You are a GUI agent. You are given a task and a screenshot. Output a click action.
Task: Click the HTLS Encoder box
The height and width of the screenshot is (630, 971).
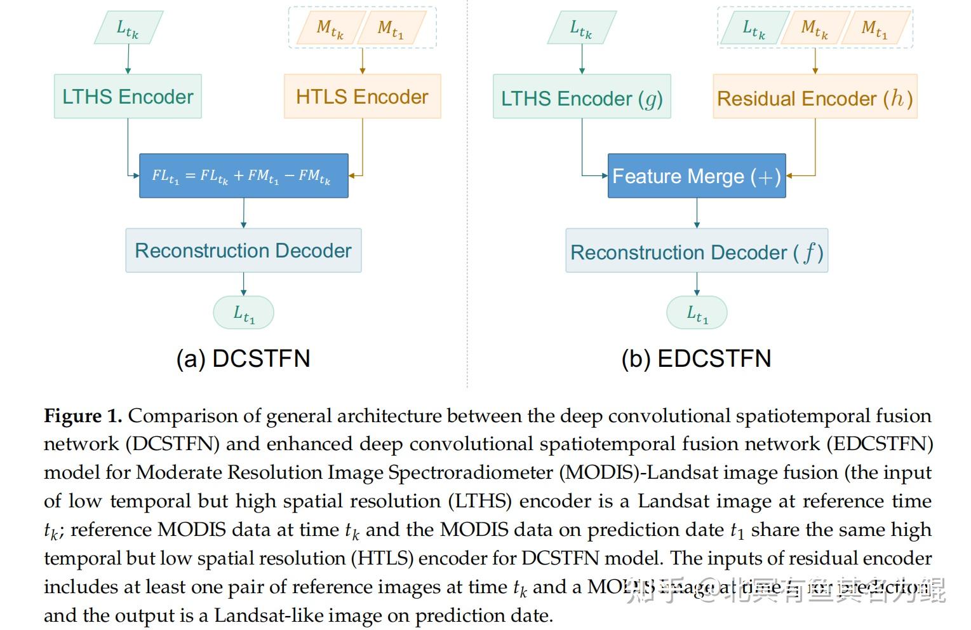362,97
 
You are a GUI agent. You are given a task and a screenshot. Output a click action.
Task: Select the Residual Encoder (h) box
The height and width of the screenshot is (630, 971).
815,97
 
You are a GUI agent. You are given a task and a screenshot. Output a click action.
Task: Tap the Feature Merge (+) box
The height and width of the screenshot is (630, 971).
697,176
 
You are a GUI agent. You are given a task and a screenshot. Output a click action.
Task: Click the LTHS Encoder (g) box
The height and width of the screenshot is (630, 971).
582,97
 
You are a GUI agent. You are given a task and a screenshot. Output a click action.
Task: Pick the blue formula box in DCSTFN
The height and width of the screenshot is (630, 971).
244,176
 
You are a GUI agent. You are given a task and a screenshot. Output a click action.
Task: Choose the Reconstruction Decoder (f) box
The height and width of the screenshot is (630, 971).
697,251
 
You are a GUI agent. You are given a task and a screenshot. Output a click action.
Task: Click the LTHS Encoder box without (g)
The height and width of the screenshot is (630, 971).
128,97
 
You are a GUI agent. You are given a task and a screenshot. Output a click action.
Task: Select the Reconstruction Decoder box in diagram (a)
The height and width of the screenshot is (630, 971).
243,250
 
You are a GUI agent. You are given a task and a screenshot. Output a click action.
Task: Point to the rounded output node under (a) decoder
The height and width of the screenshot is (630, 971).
243,313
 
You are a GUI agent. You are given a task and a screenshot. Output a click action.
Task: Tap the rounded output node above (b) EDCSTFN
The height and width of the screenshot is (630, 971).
697,313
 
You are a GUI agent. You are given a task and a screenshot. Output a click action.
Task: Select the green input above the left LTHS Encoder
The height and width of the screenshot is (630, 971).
128,28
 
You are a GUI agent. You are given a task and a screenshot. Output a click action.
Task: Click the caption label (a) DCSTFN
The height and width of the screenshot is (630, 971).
243,359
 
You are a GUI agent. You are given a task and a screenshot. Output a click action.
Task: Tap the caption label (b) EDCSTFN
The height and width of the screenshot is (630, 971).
696,359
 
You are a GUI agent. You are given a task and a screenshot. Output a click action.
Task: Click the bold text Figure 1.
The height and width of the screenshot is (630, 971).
83,416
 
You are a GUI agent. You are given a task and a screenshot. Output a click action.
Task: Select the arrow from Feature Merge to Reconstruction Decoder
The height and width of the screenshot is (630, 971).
697,213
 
